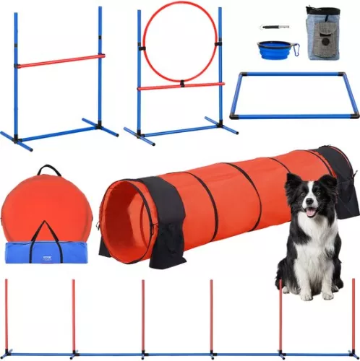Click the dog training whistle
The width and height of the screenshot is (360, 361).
(273, 27)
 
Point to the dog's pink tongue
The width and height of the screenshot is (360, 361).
(311, 212)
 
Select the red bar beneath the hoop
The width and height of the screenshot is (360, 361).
(181, 86)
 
